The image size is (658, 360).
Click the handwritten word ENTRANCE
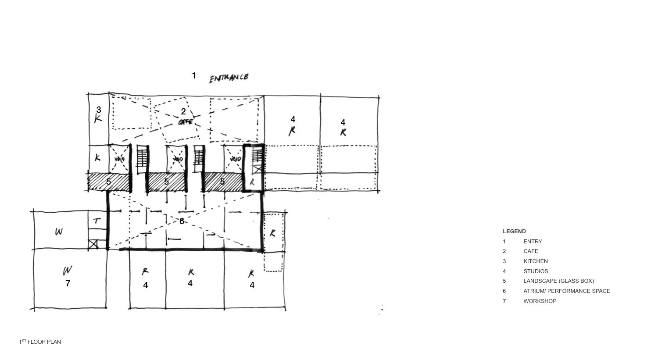229,78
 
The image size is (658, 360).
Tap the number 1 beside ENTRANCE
194,76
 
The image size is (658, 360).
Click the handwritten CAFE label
186,122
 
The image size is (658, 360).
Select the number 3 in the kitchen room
99,110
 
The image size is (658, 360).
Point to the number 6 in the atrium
182,221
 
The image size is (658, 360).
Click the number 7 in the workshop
68,283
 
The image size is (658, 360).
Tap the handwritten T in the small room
97,221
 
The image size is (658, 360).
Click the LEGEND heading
514,232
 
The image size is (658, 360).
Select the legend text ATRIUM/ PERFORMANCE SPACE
566,291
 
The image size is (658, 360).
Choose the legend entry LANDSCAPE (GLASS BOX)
558,281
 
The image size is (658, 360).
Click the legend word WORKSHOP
540,301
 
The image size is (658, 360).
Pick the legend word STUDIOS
536,271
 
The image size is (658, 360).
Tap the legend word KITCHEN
535,261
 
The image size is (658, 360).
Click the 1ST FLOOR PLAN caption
40,342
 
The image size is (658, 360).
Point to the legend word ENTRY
533,242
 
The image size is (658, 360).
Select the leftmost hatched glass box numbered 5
109,182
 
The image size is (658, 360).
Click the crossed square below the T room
93,245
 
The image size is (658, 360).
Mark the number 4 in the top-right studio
343,122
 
